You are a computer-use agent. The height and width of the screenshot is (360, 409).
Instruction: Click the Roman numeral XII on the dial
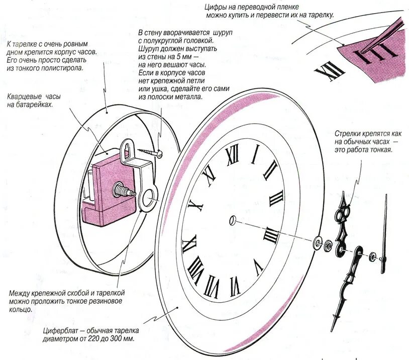(232, 155)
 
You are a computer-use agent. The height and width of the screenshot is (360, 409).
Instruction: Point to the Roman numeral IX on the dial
(195, 206)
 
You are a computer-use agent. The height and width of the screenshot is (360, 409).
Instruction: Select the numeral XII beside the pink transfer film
(325, 71)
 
